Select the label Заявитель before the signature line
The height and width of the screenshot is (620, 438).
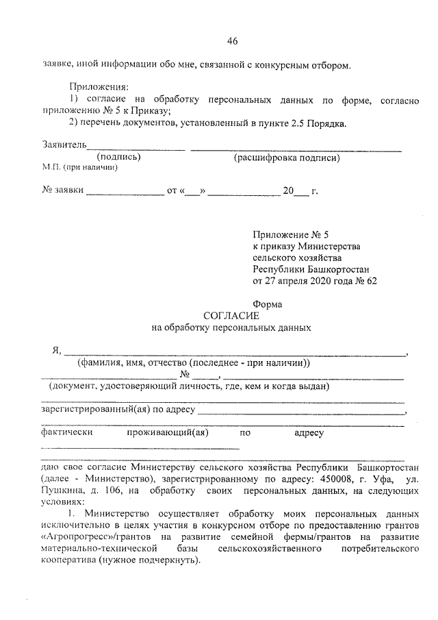[x=64, y=145]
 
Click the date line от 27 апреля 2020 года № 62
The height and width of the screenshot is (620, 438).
[x=315, y=281]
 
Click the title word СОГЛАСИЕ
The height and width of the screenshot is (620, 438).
[x=231, y=316]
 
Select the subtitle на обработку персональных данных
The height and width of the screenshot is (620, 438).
[x=231, y=327]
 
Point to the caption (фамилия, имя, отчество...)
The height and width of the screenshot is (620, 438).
[x=194, y=362]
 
